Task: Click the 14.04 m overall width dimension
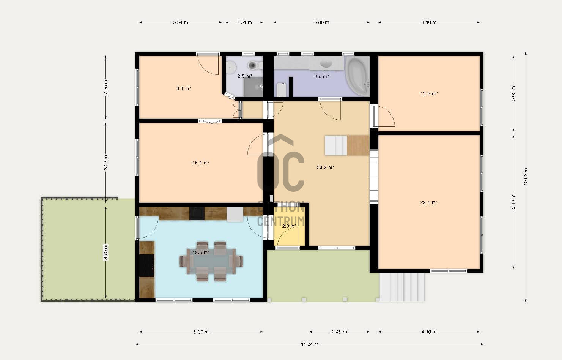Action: click(310, 344)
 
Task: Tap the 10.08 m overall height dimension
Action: click(526, 177)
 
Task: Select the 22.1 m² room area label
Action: click(429, 202)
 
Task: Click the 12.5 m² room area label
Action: click(429, 94)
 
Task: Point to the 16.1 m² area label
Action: click(201, 163)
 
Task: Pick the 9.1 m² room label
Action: click(183, 88)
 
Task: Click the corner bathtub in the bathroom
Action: click(357, 77)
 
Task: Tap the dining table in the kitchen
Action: click(211, 261)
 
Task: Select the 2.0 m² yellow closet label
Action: click(289, 226)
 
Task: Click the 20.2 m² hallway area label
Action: click(325, 167)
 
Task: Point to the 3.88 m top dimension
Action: click(322, 22)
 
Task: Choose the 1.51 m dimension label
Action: click(244, 22)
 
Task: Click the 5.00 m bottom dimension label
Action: click(201, 332)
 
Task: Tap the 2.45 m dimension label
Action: click(339, 332)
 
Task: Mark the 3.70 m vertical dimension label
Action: click(105, 252)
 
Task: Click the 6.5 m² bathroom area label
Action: click(321, 76)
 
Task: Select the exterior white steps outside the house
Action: click(401, 287)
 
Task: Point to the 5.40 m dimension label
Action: click(513, 202)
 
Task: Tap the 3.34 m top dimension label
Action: click(180, 22)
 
